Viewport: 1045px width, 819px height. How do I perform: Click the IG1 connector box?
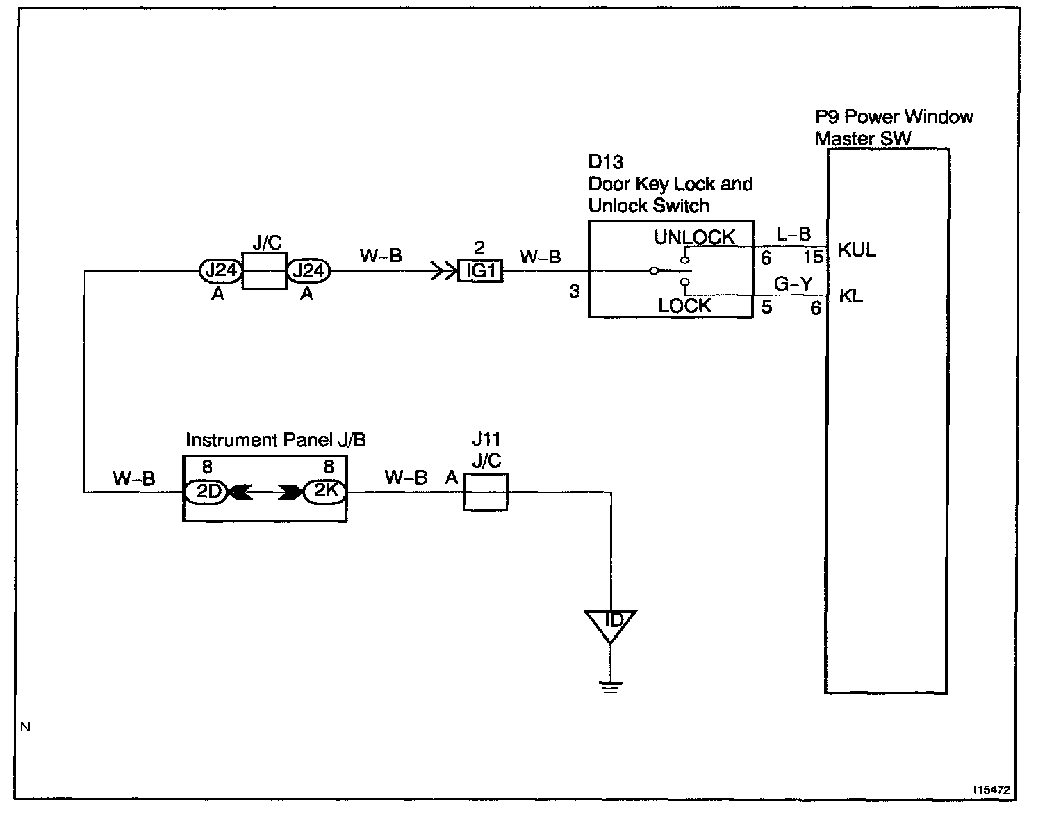480,271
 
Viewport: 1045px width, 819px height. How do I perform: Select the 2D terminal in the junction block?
206,492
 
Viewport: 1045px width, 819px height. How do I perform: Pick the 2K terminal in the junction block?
324,492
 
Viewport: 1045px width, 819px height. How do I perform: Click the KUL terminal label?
857,250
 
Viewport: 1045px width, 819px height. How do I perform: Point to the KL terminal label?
851,296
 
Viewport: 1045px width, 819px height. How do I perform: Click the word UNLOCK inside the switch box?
694,237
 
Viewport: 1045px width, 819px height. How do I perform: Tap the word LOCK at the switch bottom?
684,306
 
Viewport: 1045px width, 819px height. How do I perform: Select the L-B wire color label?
793,234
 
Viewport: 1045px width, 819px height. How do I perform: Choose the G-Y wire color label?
793,284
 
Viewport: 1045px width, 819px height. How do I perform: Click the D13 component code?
606,162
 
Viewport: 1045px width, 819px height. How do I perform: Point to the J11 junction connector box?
485,492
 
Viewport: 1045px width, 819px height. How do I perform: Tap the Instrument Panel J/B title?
276,440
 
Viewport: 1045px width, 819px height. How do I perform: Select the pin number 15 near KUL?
814,257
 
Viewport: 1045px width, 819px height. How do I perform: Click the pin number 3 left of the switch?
574,291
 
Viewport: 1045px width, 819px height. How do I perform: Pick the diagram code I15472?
991,790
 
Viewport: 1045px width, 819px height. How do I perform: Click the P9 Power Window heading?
894,117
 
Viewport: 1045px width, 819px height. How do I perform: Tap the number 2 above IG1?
479,248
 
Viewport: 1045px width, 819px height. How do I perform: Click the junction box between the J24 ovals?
265,271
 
